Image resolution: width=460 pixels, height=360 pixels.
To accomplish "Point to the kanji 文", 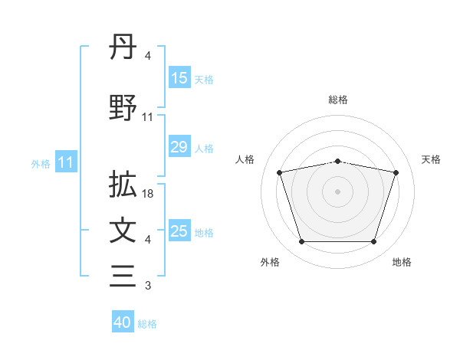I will pyautogui.click(x=123, y=231).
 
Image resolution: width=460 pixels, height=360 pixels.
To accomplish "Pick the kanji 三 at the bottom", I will pyautogui.click(x=123, y=276).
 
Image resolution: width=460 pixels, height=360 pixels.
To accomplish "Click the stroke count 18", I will pyautogui.click(x=149, y=194).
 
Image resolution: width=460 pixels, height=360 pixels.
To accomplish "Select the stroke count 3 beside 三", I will pyautogui.click(x=148, y=286).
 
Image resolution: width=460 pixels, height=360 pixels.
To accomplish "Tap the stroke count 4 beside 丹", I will pyautogui.click(x=148, y=56).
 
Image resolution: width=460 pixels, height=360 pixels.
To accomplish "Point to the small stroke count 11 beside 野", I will pyautogui.click(x=148, y=116).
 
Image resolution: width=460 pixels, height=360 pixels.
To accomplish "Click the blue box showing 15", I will pyautogui.click(x=179, y=78).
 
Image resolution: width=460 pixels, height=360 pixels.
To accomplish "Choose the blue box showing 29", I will pyautogui.click(x=179, y=147).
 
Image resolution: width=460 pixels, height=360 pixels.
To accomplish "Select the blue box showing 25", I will pyautogui.click(x=179, y=231).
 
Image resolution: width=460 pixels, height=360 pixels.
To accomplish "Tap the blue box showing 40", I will pyautogui.click(x=123, y=322).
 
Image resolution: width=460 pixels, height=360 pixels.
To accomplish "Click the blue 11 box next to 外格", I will pyautogui.click(x=66, y=162).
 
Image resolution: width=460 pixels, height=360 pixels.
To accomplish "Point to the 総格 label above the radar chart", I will pyautogui.click(x=338, y=100).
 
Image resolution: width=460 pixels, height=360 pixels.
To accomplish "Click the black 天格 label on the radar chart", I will pyautogui.click(x=432, y=159).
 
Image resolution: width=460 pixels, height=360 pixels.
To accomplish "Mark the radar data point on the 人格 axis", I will pyautogui.click(x=280, y=172).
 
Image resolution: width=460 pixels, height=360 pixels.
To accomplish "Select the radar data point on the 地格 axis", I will pyautogui.click(x=373, y=242).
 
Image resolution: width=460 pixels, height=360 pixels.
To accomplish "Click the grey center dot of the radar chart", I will pyautogui.click(x=338, y=191).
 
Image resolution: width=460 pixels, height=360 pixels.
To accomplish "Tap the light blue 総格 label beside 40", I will pyautogui.click(x=147, y=324).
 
